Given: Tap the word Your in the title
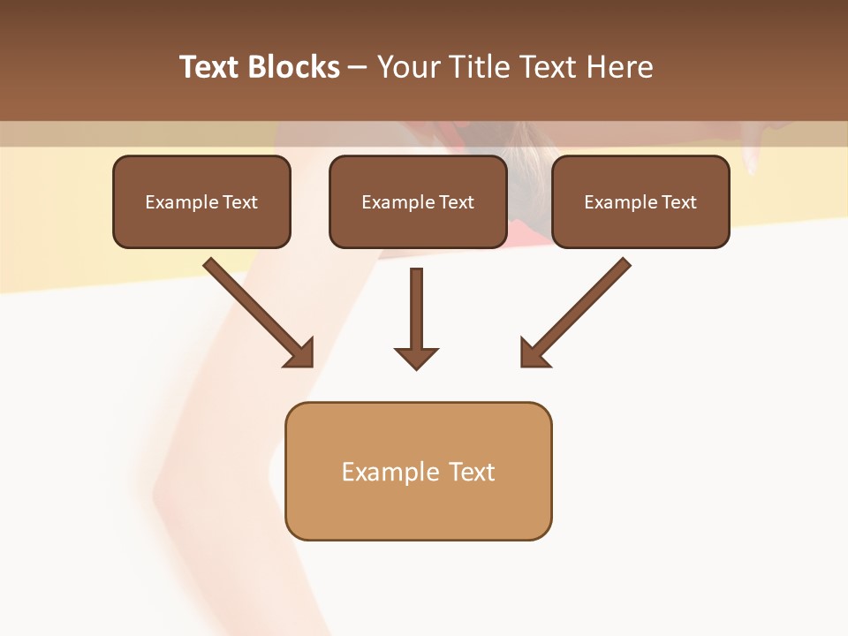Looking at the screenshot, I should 410,67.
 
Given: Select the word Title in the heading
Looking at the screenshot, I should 481,67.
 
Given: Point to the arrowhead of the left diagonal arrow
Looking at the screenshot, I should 300,353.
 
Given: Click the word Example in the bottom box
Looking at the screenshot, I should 390,473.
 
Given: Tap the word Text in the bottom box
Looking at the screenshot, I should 472,473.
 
